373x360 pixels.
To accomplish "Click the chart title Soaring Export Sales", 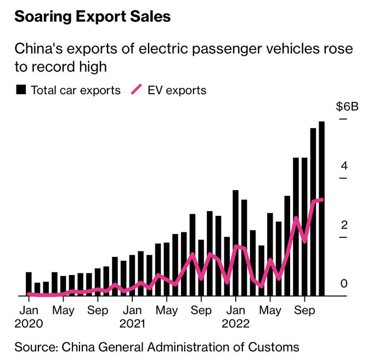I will (92, 16).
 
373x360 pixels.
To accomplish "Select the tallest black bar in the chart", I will (322, 208).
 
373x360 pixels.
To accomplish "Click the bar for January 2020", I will (29, 284).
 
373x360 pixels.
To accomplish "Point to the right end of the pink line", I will (322, 199).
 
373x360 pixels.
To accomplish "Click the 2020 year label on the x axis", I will (26, 323).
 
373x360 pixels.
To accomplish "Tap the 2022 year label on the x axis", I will (235, 323).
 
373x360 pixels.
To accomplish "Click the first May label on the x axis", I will (64, 311).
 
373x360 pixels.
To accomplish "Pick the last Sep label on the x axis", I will (304, 311).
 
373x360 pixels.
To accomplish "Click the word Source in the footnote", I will (36, 347).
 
